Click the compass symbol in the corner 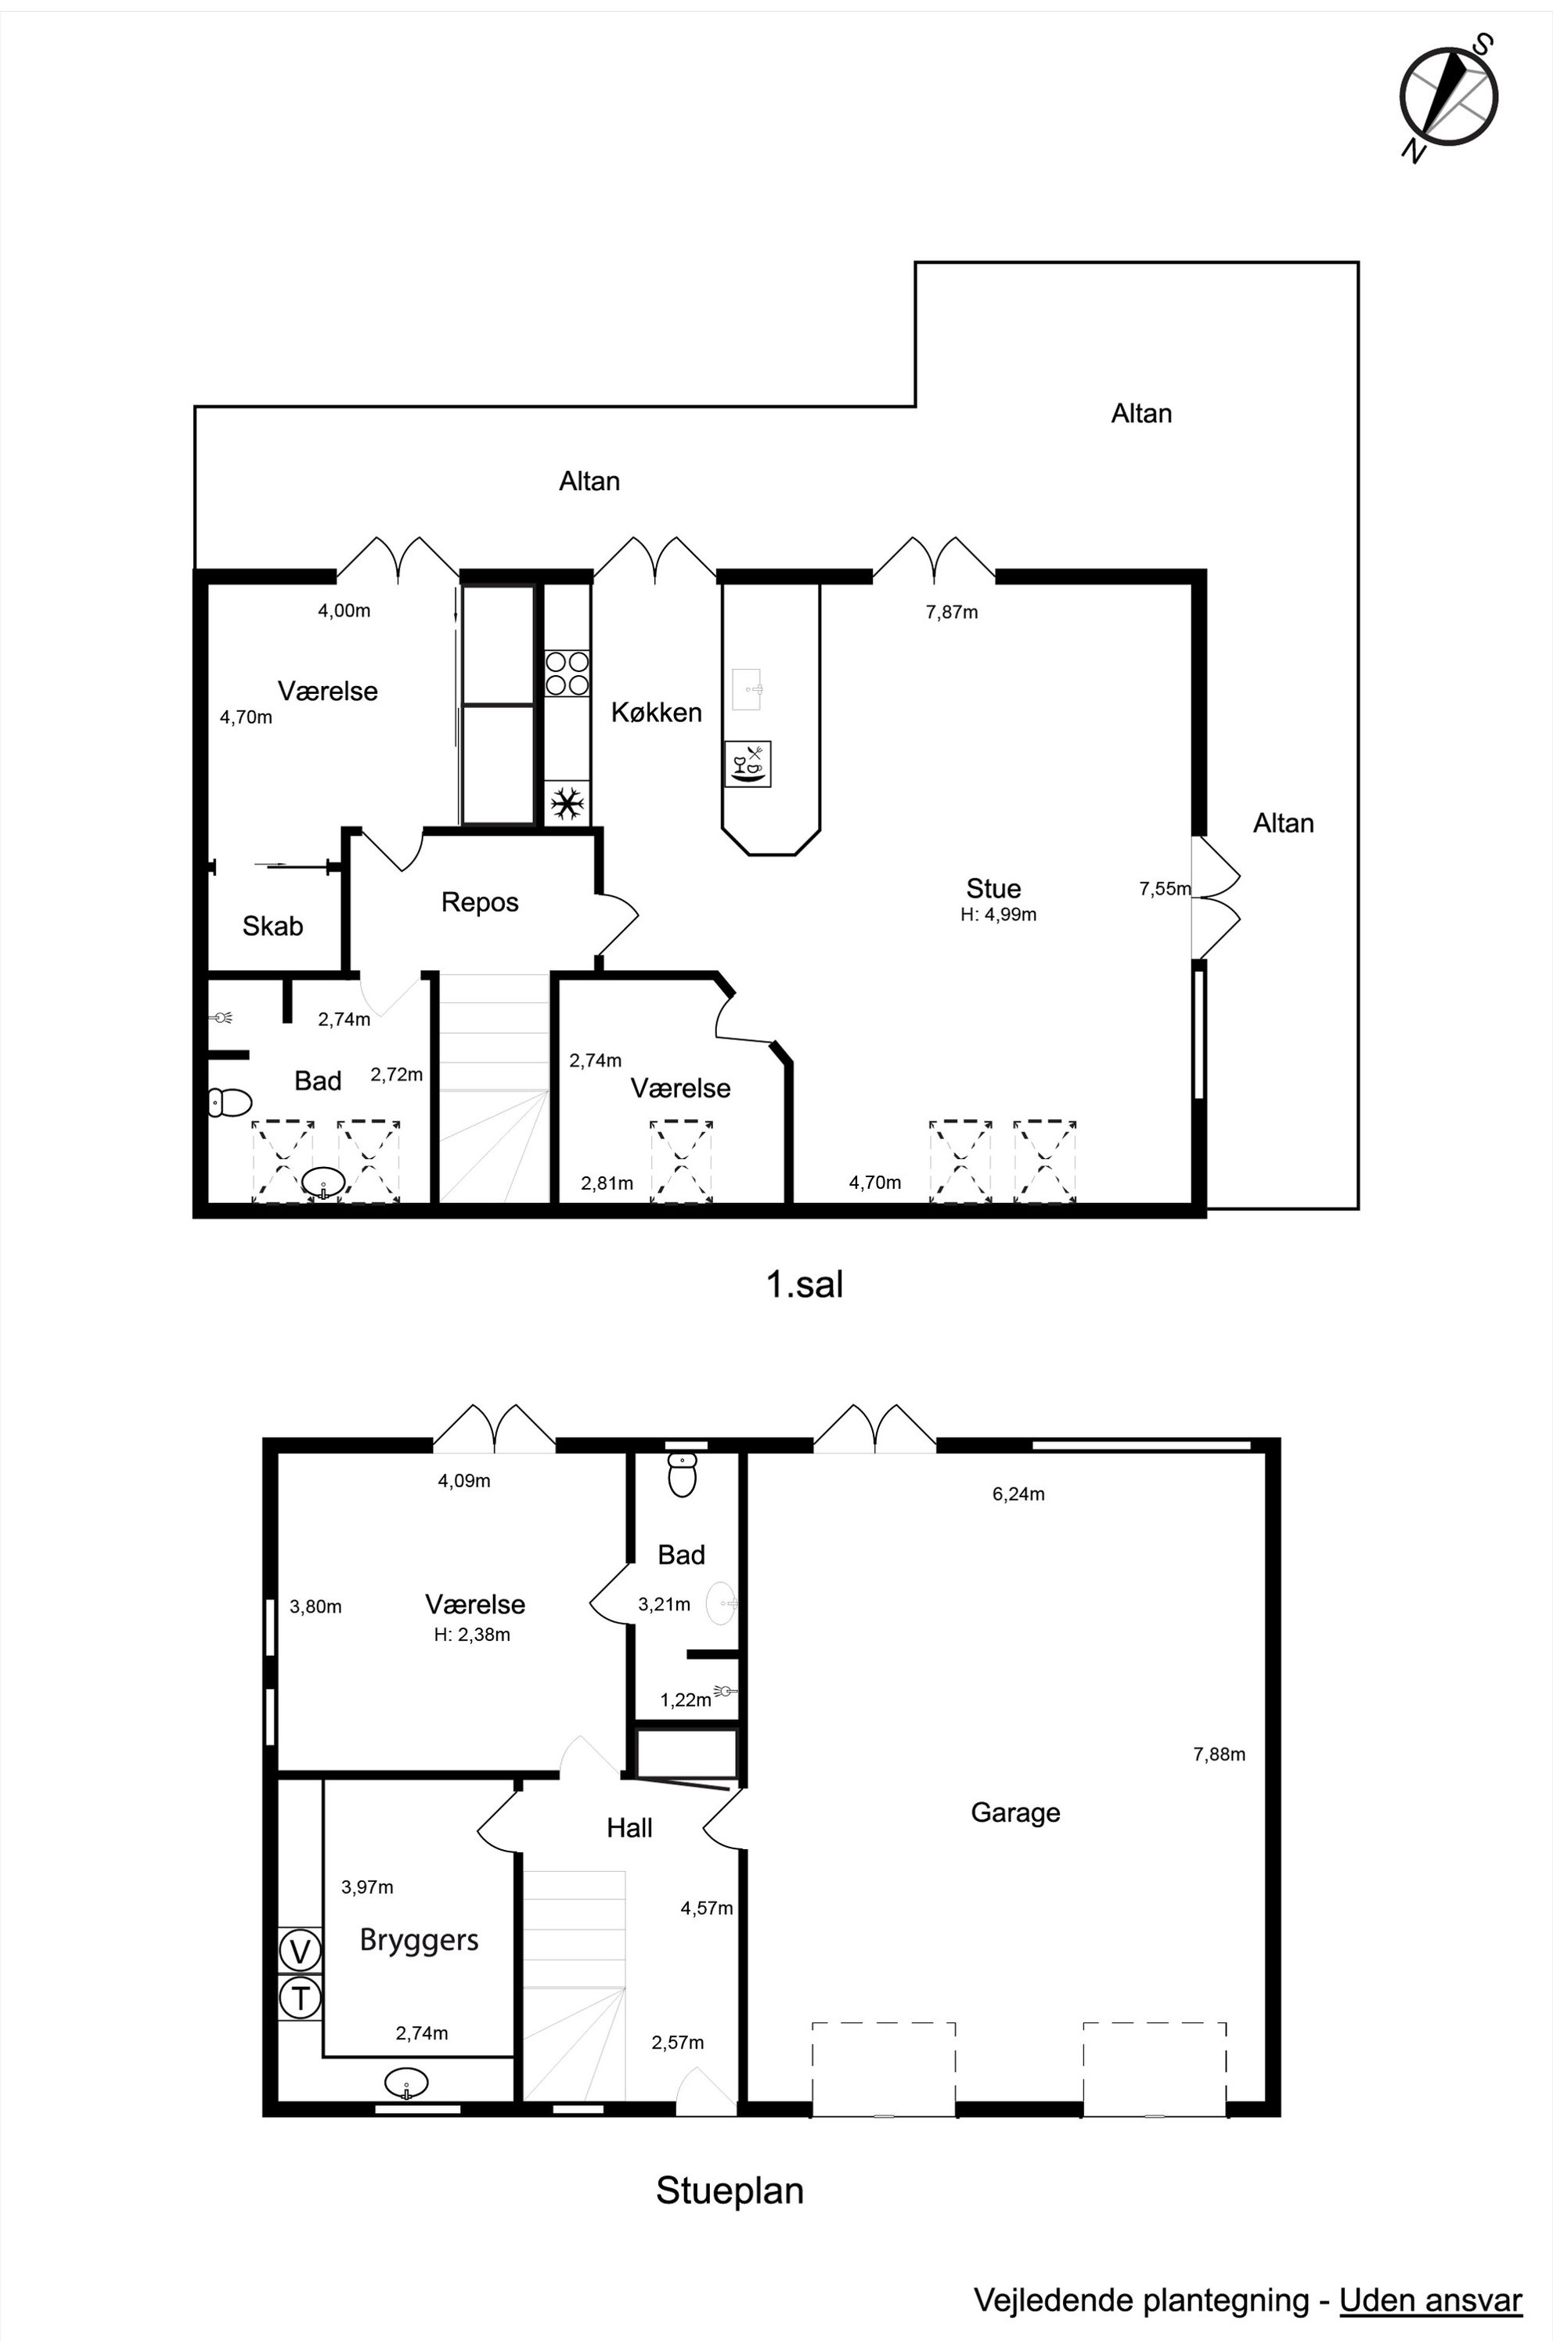tap(1448, 97)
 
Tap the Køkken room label tap(656, 712)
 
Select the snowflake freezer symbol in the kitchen tap(567, 804)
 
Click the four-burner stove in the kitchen tap(567, 673)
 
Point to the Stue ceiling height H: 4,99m tap(998, 915)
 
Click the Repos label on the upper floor tap(481, 902)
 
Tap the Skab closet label tap(272, 927)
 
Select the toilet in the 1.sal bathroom tap(230, 1102)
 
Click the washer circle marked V tap(300, 1952)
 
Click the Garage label tap(1015, 1813)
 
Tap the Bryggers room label tap(419, 1940)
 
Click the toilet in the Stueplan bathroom tap(683, 1474)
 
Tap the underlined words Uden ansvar tap(1430, 2300)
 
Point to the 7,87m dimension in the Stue tap(952, 612)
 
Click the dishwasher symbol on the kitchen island tap(748, 764)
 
